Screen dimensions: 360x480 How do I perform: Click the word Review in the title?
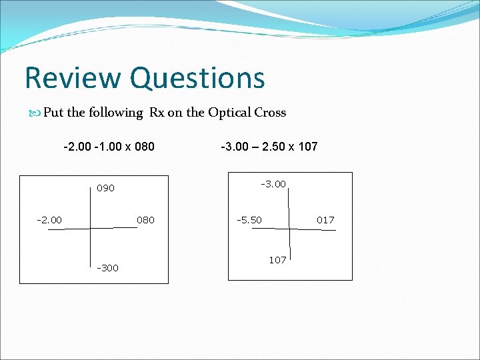[x=74, y=77]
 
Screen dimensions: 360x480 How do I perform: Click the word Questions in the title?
[x=198, y=79]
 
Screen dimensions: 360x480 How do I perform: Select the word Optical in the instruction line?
[x=229, y=113]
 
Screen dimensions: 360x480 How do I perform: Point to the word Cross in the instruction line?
[x=270, y=113]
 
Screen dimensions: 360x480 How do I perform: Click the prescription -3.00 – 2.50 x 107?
[x=269, y=145]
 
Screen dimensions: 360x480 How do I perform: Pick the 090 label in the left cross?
[x=105, y=189]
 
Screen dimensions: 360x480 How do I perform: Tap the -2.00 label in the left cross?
[x=49, y=220]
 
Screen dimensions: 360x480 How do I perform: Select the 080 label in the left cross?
[x=145, y=220]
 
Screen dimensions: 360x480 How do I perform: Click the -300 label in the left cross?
[x=108, y=268]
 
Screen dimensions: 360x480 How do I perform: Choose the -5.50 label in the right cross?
[x=249, y=220]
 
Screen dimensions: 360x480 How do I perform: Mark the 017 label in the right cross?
[x=325, y=220]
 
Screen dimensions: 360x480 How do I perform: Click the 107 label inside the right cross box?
[x=278, y=259]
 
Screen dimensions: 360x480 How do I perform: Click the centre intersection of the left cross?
[x=90, y=228]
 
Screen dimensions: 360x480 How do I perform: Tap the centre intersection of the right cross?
[x=290, y=228]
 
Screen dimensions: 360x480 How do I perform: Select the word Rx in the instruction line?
[x=157, y=113]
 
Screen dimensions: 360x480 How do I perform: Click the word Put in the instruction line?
[x=53, y=113]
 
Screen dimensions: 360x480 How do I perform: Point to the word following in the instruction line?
[x=117, y=113]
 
